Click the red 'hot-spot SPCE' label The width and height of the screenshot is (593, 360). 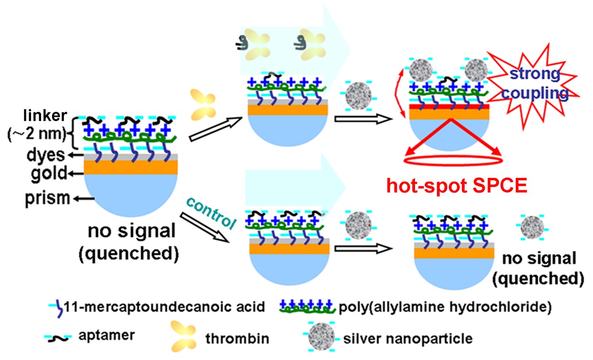point(457,186)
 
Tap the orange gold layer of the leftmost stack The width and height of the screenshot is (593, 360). point(131,167)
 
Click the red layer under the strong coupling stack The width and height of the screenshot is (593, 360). point(450,107)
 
